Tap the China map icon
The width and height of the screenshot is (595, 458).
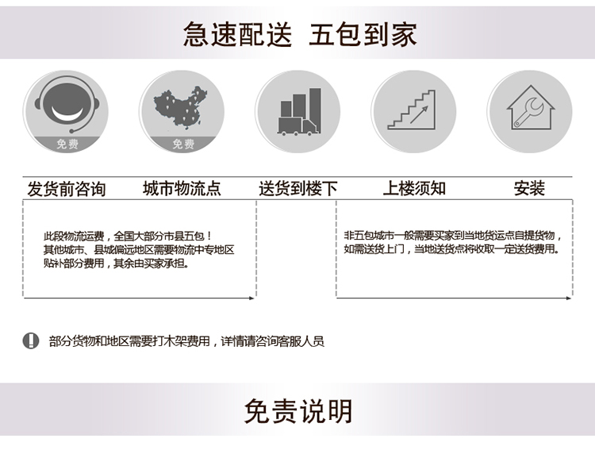click(181, 107)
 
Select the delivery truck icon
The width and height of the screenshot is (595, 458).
click(299, 112)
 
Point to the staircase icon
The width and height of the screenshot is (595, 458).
click(412, 110)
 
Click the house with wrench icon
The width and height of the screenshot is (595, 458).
click(531, 108)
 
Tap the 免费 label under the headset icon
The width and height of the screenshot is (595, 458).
click(67, 144)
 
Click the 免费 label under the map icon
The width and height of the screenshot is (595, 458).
click(183, 144)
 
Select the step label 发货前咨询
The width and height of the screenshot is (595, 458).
click(67, 189)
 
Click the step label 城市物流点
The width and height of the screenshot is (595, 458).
click(182, 188)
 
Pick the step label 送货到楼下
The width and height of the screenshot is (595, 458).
click(298, 188)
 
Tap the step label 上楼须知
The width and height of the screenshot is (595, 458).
click(414, 188)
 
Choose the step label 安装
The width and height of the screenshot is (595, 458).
click(529, 188)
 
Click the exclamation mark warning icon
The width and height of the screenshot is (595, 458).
click(31, 341)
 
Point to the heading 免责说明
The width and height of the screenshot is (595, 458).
click(297, 411)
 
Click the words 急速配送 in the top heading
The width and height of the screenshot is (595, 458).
click(237, 34)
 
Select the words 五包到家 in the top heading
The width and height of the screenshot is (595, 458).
click(363, 34)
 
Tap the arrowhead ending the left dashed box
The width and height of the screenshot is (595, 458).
click(251, 298)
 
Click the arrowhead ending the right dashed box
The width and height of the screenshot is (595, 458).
click(569, 298)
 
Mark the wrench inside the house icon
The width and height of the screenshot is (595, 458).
click(528, 113)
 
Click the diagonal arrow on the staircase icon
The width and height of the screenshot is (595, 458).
click(419, 114)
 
